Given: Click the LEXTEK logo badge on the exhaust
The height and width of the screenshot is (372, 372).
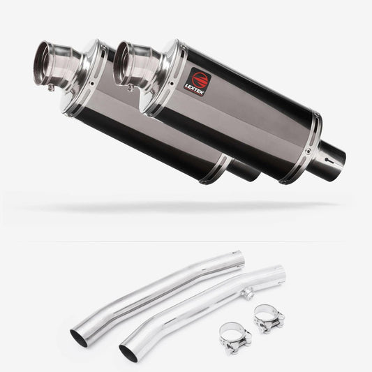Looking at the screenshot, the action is coord(198,82).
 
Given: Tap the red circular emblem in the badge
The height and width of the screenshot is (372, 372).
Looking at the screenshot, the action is coord(200,78).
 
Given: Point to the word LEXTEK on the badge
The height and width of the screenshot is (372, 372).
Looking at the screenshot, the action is coord(194,89).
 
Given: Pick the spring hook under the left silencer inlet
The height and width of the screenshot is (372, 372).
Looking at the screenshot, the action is coord(51,88).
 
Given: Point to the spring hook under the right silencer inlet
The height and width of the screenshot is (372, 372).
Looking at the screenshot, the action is coord(130,88).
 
